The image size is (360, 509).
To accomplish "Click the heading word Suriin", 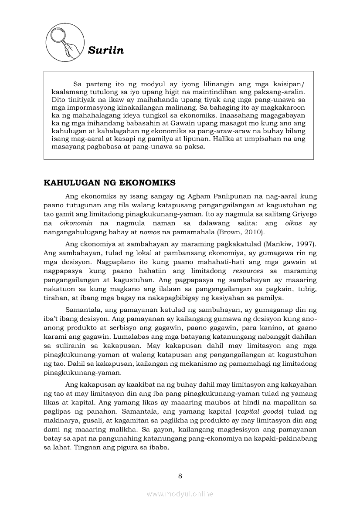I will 106,51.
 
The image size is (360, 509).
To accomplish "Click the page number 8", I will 180,475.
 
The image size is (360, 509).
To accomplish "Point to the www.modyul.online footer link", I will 180,494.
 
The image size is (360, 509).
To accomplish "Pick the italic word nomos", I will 149,232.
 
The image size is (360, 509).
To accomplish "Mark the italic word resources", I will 248,271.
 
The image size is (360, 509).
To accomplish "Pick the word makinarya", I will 62,421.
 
